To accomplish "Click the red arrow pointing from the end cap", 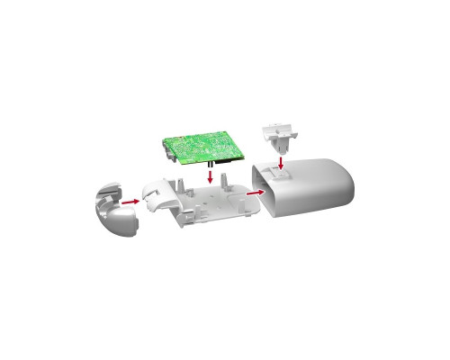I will click(x=130, y=201).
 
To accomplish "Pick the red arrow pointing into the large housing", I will click(x=256, y=191).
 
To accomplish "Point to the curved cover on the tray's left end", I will click(x=161, y=193).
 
